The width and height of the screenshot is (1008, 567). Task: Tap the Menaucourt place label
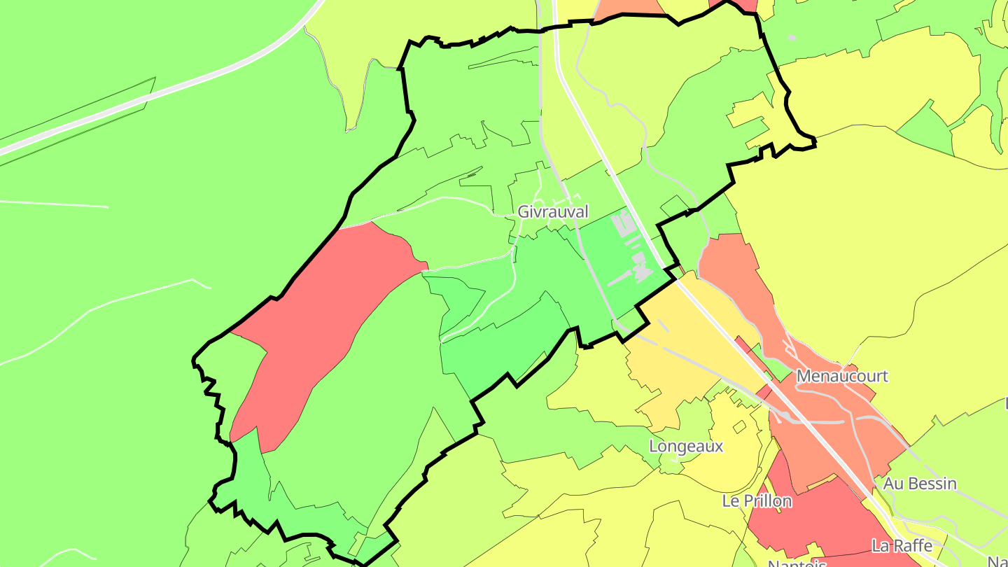coord(842,376)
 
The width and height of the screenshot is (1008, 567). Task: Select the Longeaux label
coord(686,446)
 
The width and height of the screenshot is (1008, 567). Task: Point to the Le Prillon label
coord(757,501)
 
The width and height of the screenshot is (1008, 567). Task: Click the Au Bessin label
coord(920,484)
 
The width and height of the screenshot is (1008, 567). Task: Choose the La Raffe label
coord(902,545)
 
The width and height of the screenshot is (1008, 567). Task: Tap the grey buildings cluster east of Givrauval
coord(630,252)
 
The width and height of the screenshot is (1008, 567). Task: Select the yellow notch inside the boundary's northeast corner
coord(756,119)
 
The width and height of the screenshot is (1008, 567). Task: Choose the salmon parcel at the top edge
coord(630,8)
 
